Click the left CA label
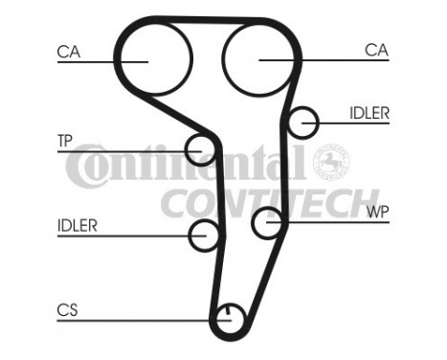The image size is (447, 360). pyautogui.click(x=69, y=52)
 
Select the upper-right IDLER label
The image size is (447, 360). pyautogui.click(x=369, y=113)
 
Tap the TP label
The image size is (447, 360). pyautogui.click(x=65, y=141)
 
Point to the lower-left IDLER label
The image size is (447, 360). pyautogui.click(x=77, y=226)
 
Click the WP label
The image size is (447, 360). pyautogui.click(x=376, y=213)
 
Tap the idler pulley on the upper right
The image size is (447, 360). pyautogui.click(x=304, y=123)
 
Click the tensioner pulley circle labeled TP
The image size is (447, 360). pyautogui.click(x=199, y=149)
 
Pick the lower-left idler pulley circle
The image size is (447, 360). pyautogui.click(x=204, y=234)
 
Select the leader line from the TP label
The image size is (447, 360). pyautogui.click(x=124, y=149)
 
